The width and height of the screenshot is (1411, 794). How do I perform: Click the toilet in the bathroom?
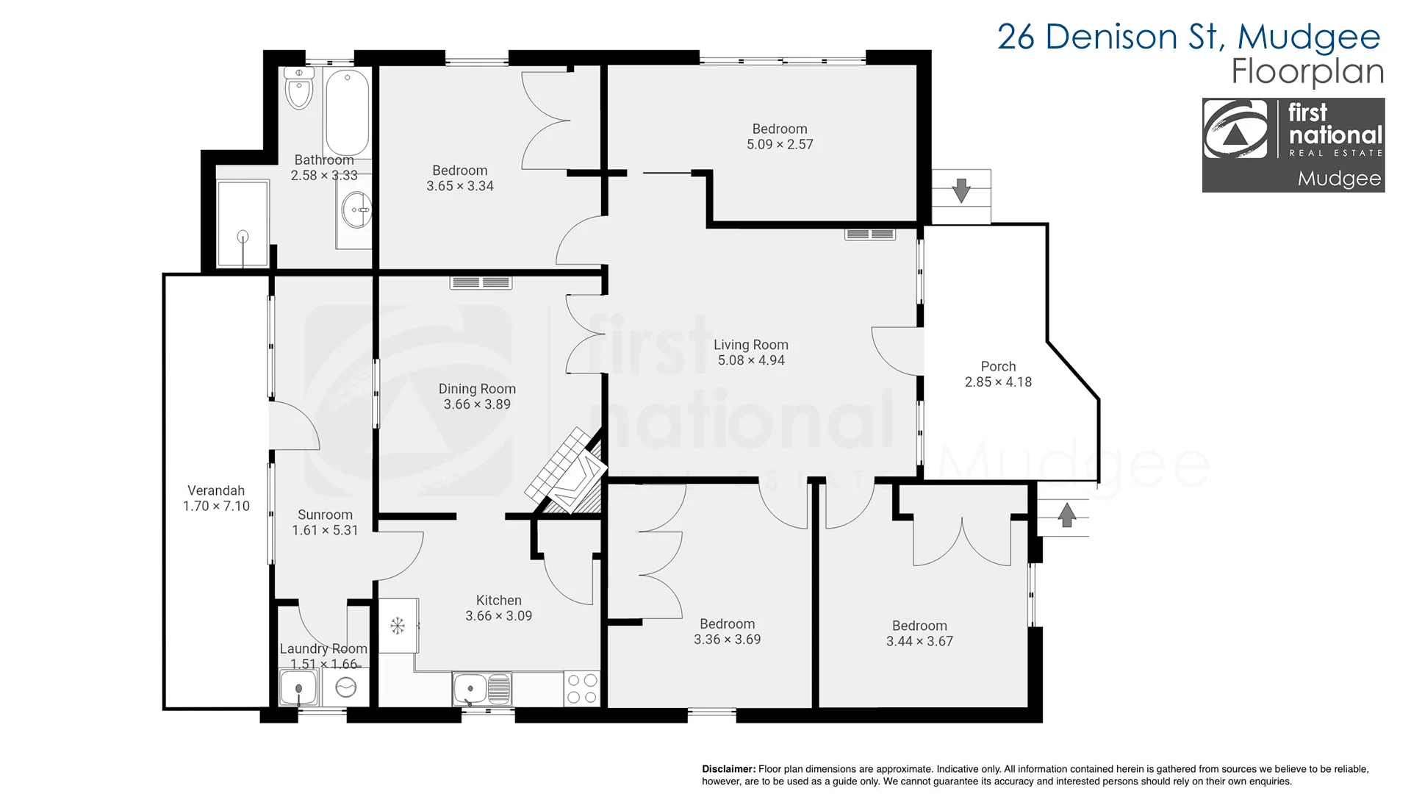tap(299, 87)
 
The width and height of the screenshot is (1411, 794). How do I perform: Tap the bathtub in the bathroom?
tap(348, 112)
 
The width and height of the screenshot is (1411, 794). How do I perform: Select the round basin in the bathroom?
tap(356, 210)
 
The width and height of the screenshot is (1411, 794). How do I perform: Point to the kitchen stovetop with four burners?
tap(582, 689)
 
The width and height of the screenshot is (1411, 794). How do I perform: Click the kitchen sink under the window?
tap(482, 689)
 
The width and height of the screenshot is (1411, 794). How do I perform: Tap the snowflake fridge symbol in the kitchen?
tap(398, 626)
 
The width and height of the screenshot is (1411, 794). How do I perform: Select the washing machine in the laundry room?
tap(345, 687)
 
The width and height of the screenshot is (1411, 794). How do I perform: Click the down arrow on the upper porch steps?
tap(961, 190)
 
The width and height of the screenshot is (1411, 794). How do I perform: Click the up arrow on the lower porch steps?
tap(1067, 514)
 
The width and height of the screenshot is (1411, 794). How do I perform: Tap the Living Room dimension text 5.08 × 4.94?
tap(751, 360)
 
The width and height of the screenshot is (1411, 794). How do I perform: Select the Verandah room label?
tap(216, 490)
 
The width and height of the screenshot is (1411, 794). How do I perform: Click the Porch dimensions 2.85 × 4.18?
tap(998, 382)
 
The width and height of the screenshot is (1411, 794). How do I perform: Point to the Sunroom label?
tap(325, 515)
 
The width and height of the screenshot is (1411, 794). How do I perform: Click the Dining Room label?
tap(477, 389)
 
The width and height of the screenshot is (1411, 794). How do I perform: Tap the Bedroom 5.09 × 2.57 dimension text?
tap(780, 145)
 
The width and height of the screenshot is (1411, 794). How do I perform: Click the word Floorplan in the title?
tap(1307, 71)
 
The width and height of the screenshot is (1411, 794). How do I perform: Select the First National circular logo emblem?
tap(1235, 129)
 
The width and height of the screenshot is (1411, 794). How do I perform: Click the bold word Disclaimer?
tap(728, 769)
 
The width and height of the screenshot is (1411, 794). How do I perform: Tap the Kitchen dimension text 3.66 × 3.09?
tap(498, 616)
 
